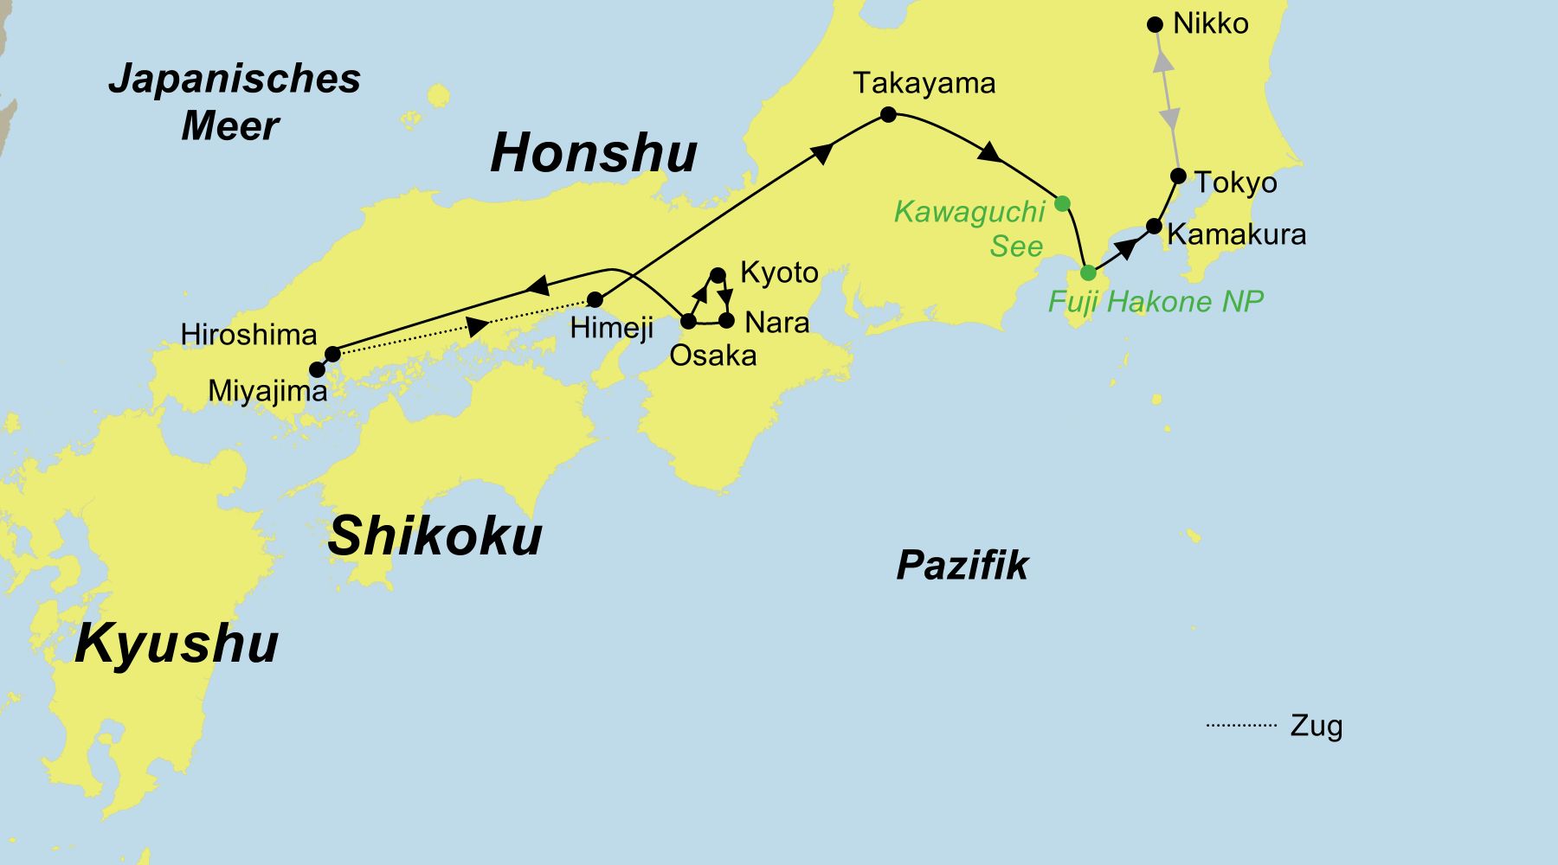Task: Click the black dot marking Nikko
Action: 1154,25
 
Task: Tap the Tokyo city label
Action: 1235,183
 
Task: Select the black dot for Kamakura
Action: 1154,227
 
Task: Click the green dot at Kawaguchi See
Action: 1063,203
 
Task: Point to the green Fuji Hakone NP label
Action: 1155,301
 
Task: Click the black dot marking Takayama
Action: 887,114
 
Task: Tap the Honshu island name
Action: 594,153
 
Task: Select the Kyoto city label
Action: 778,272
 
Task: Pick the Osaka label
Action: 712,356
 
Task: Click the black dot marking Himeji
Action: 595,300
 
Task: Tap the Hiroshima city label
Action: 248,335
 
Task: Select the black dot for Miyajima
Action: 317,369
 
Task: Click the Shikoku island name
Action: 435,536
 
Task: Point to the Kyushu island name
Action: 177,644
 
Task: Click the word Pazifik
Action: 962,566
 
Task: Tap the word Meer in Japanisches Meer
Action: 229,126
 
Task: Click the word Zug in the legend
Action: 1316,725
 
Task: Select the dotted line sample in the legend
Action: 1241,725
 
